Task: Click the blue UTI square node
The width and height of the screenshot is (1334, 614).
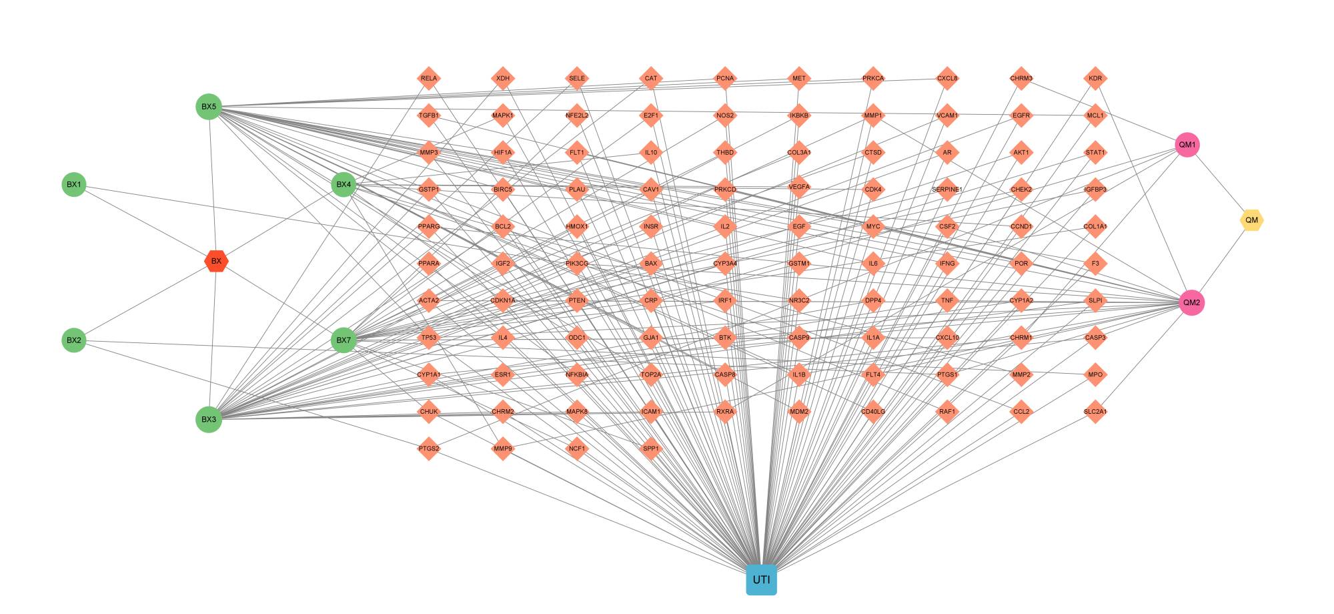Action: coord(761,579)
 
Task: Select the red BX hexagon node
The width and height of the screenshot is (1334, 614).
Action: coord(216,261)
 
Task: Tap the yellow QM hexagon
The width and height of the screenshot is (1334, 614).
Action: coord(1251,220)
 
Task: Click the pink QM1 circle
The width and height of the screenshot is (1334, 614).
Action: coord(1187,145)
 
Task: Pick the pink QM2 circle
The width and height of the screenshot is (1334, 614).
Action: coord(1191,302)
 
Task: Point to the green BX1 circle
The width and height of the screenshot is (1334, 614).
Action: coord(74,184)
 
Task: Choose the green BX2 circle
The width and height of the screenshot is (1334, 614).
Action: coord(74,340)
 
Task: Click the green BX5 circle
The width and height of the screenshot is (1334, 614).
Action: coord(209,107)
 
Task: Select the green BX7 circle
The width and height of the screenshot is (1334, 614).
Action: coord(344,340)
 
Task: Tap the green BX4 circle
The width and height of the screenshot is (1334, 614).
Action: coord(344,184)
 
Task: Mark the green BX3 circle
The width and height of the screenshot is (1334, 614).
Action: coord(209,419)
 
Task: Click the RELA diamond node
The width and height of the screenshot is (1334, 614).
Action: coord(429,78)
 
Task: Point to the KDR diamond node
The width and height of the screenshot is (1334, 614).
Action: coord(1095,78)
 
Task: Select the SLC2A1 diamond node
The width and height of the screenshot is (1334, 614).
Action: coord(1095,412)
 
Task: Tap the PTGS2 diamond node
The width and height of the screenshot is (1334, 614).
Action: coord(429,448)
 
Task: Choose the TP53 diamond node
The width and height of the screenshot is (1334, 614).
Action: coord(429,338)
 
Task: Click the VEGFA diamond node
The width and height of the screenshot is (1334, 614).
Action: coord(799,187)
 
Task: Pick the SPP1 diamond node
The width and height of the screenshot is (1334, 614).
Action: coord(651,448)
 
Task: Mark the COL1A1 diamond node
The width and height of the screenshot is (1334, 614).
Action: coord(1095,226)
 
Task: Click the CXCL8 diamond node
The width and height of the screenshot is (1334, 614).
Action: coord(947,78)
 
